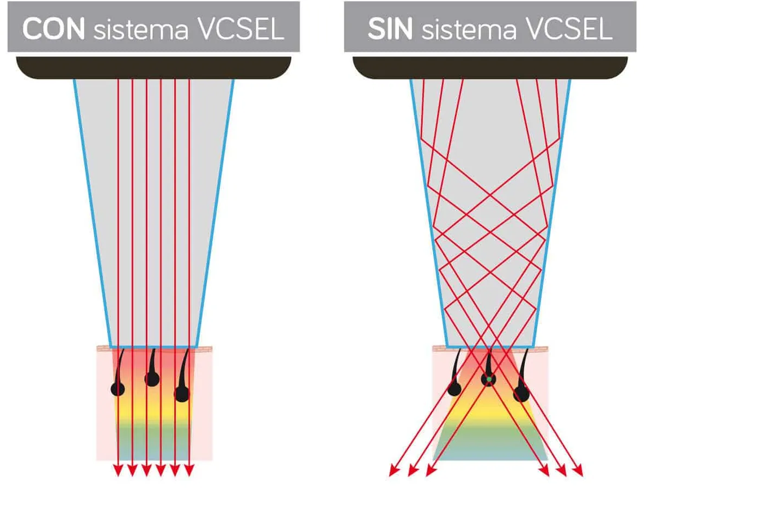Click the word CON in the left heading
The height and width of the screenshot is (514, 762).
pyautogui.click(x=53, y=29)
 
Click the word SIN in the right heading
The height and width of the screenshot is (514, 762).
pyautogui.click(x=390, y=29)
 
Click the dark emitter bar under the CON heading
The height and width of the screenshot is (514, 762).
pyautogui.click(x=153, y=68)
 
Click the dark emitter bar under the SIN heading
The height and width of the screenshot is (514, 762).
pyautogui.click(x=490, y=68)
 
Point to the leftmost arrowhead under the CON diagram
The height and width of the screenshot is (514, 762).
pyautogui.click(x=118, y=470)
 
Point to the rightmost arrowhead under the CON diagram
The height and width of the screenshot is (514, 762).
pyautogui.click(x=189, y=470)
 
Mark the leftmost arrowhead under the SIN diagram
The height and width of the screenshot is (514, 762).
pyautogui.click(x=394, y=472)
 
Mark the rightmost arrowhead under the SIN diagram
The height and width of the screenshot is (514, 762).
pyautogui.click(x=579, y=472)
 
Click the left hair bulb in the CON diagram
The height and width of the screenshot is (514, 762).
pyautogui.click(x=118, y=389)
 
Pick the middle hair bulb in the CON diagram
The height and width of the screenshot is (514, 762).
pyautogui.click(x=152, y=378)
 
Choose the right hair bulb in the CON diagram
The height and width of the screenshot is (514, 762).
pyautogui.click(x=182, y=394)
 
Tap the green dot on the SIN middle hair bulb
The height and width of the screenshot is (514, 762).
pyautogui.click(x=489, y=379)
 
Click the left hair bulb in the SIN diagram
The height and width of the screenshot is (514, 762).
pyautogui.click(x=454, y=389)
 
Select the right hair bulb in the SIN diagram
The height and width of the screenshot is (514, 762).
pyautogui.click(x=521, y=394)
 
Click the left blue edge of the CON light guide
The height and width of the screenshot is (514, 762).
pyautogui.click(x=91, y=212)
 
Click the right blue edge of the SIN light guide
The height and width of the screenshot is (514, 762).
pyautogui.click(x=554, y=212)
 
